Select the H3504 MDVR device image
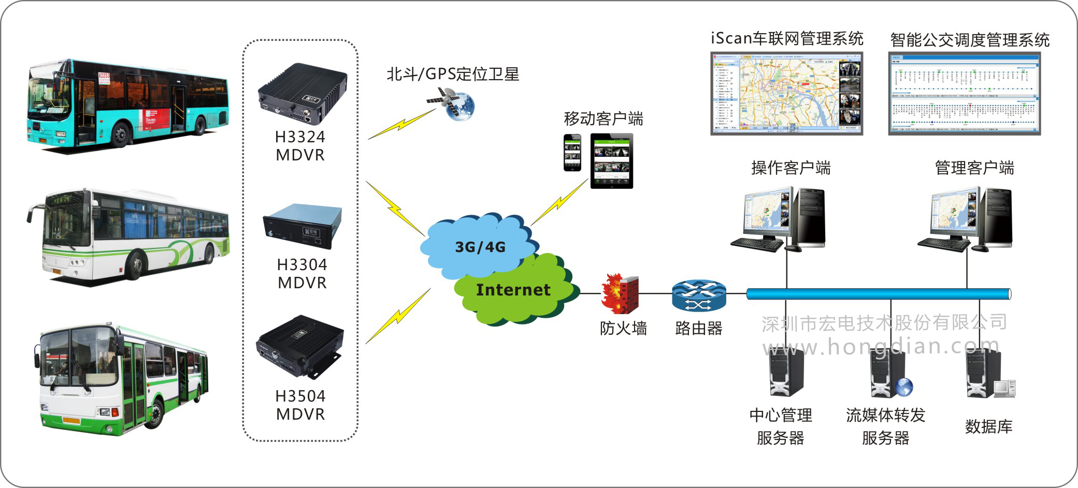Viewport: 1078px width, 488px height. [299, 346]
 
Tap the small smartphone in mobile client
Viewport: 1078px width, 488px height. [572, 152]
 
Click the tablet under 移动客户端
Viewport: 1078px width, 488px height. [611, 161]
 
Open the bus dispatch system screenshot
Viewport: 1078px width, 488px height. [964, 94]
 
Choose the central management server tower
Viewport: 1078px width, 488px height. [786, 371]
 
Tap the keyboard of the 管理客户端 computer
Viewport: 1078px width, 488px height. [943, 244]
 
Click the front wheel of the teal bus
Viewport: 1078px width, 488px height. [121, 135]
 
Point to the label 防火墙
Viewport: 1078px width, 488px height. [623, 328]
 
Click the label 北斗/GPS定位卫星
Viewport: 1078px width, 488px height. [453, 74]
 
